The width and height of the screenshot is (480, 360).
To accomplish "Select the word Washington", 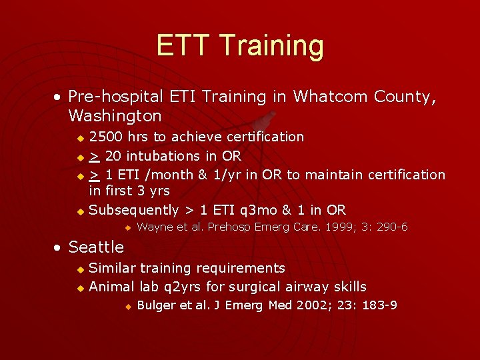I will pyautogui.click(x=115, y=116).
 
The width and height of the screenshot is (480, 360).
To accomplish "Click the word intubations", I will pyautogui.click(x=164, y=156).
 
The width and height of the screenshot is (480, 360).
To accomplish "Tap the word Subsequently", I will pyautogui.click(x=134, y=210).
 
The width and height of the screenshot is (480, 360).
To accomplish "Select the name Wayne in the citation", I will pyautogui.click(x=155, y=227).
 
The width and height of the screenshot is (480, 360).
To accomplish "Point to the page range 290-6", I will pyautogui.click(x=392, y=227).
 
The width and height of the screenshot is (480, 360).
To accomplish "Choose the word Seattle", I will pyautogui.click(x=96, y=247).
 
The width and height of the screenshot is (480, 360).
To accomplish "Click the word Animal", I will pyautogui.click(x=112, y=287).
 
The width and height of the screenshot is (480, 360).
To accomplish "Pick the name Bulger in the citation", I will pyautogui.click(x=156, y=305).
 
